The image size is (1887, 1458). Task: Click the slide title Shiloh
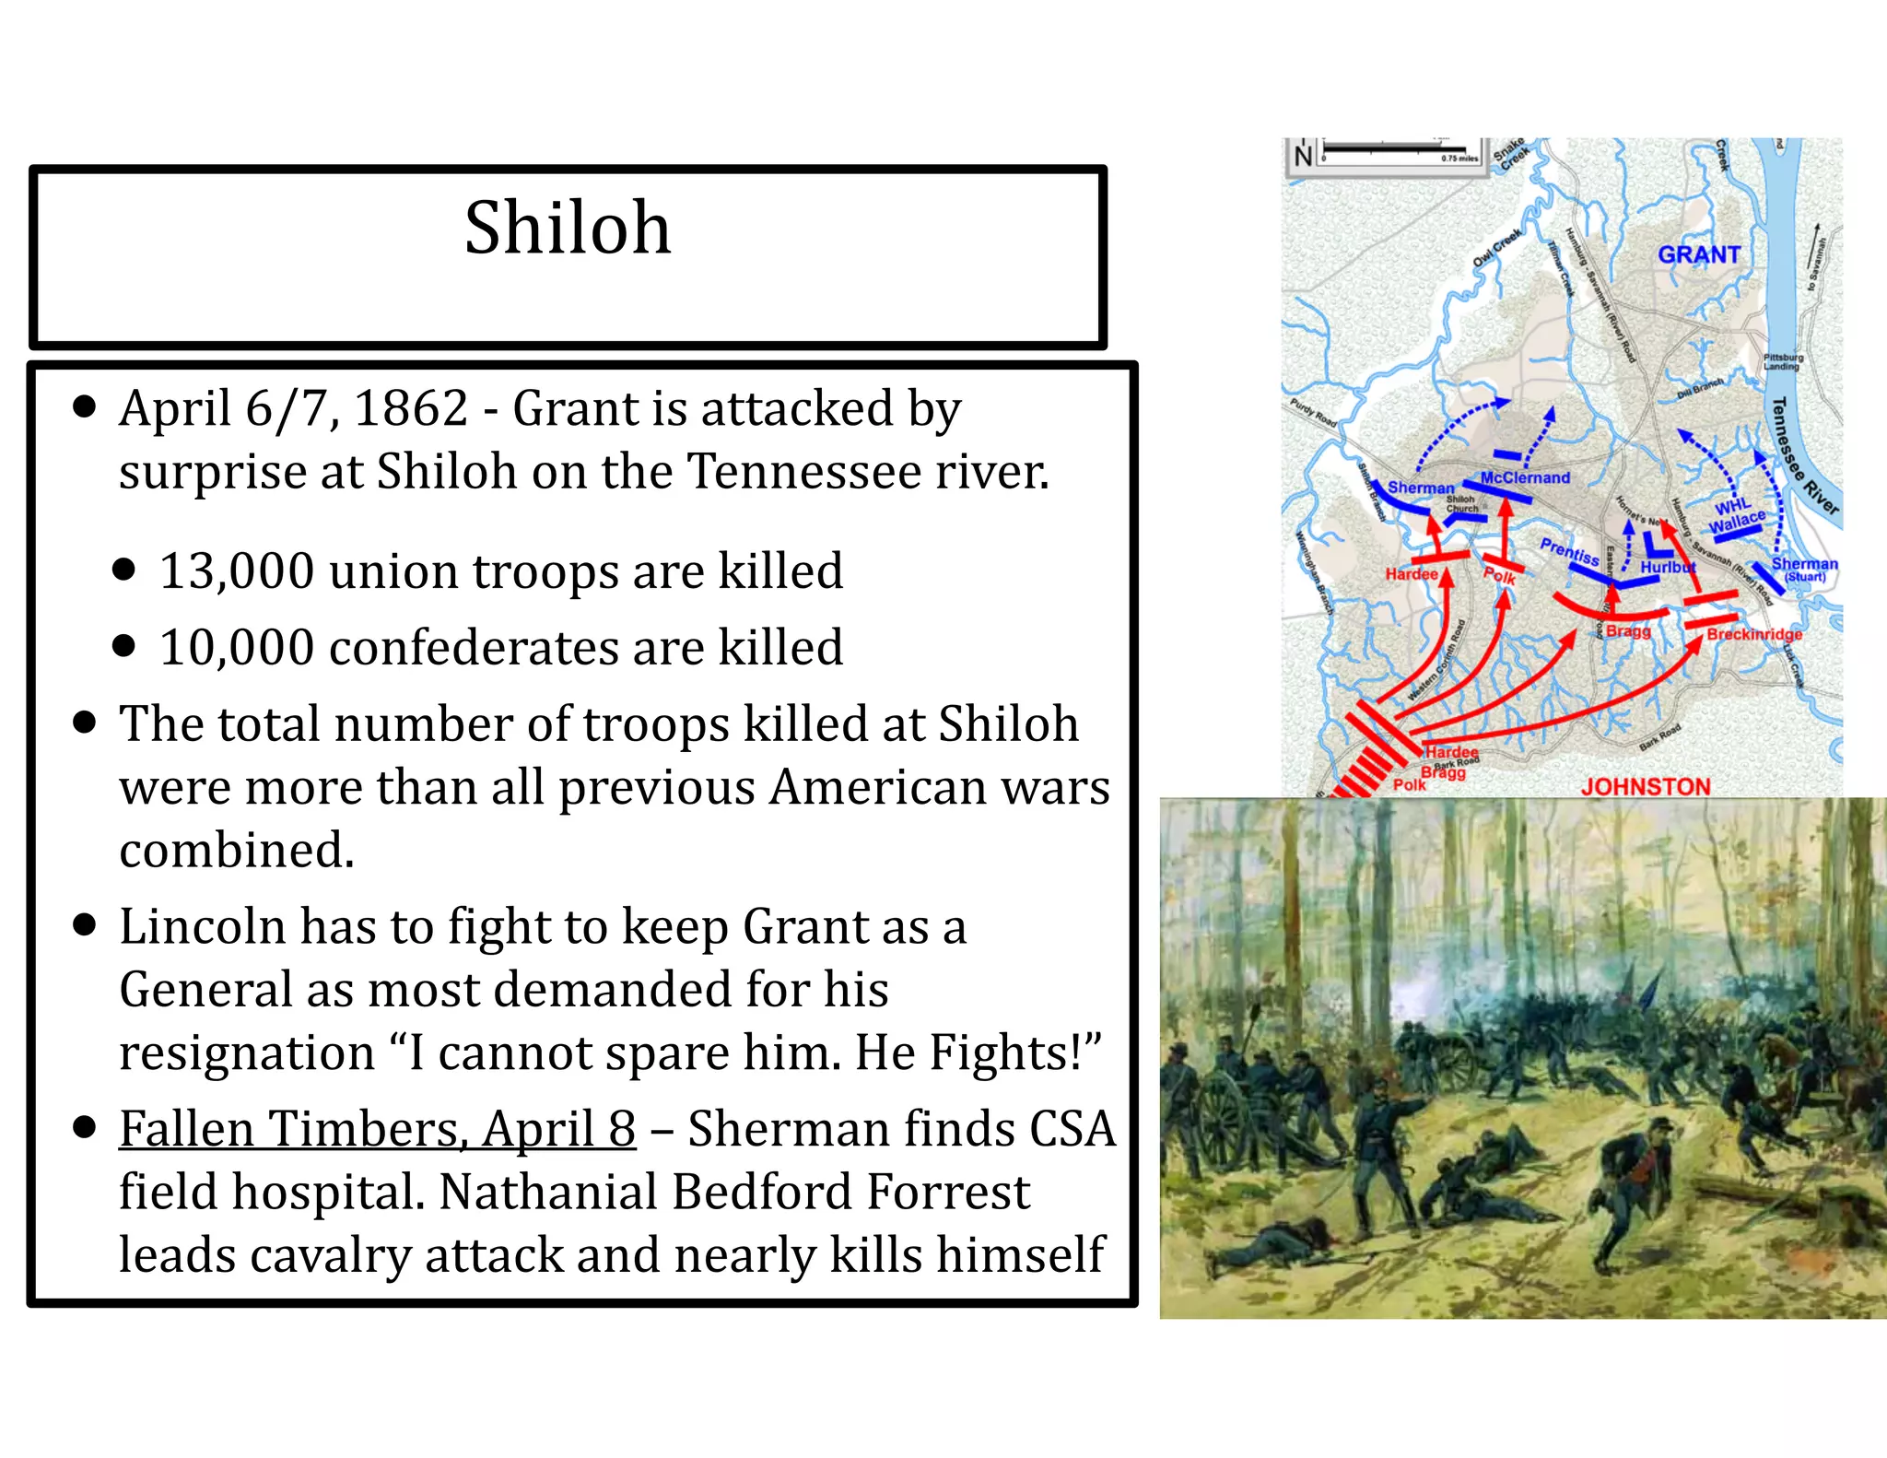tap(568, 228)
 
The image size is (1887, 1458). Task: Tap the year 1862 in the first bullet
tap(411, 408)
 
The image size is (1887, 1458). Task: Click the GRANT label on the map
tap(1699, 255)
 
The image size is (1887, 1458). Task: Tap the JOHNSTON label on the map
tap(1646, 786)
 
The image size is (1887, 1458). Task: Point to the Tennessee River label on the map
tap(1804, 455)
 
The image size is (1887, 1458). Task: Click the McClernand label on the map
tap(1525, 477)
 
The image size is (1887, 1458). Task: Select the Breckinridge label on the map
tap(1753, 634)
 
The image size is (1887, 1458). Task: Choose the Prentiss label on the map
tap(1569, 551)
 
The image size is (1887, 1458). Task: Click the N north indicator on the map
tap(1303, 156)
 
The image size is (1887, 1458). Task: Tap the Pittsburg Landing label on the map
tap(1783, 361)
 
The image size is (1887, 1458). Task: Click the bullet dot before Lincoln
tap(85, 924)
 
